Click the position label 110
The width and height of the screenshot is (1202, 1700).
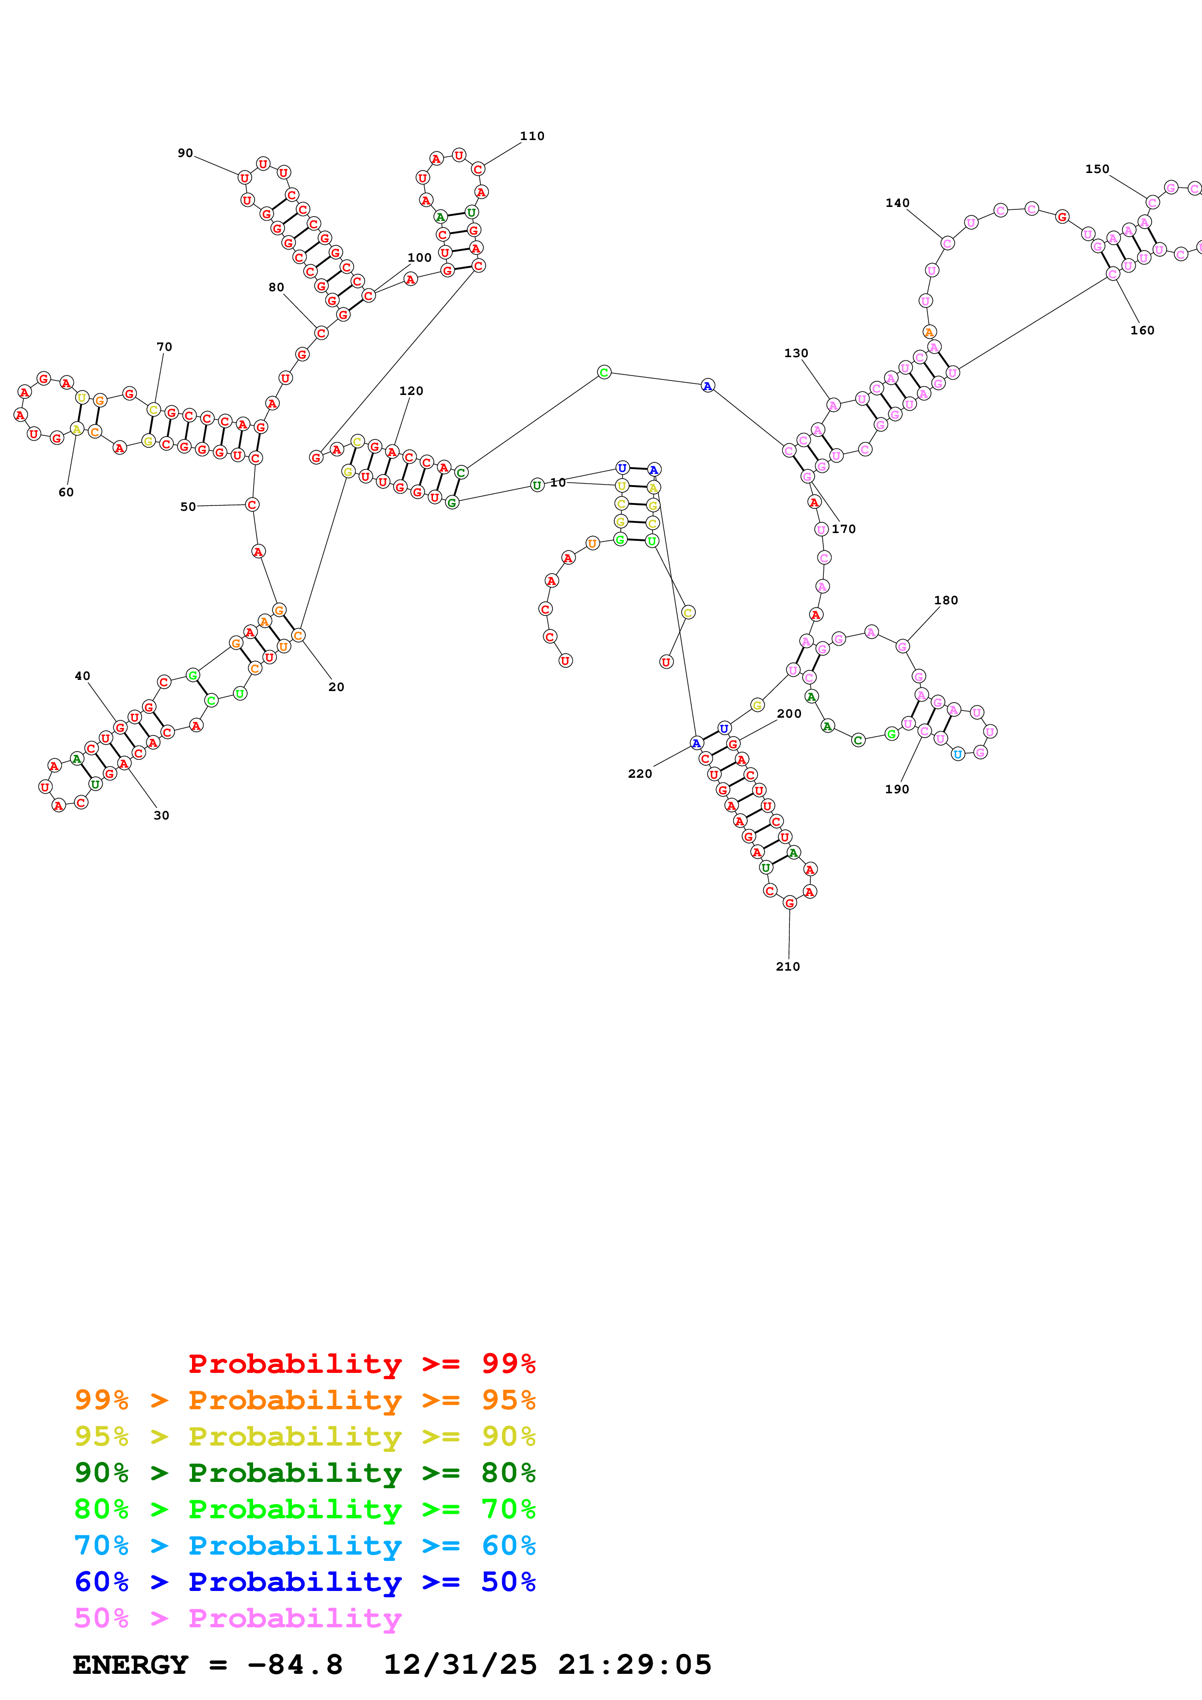click(532, 136)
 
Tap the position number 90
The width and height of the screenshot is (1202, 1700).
click(185, 153)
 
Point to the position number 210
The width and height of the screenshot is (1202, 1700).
click(787, 966)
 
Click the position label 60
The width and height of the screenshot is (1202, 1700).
click(66, 492)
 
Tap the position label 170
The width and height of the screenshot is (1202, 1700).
click(844, 529)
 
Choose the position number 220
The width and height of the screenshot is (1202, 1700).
click(640, 774)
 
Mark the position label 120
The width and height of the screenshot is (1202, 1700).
click(411, 391)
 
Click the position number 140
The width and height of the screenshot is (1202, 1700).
click(897, 203)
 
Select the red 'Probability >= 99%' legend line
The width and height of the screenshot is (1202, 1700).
click(361, 1364)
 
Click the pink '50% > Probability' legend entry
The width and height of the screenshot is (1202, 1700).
click(238, 1619)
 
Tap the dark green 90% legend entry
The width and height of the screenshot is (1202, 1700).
click(305, 1473)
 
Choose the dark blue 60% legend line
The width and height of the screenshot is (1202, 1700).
click(305, 1582)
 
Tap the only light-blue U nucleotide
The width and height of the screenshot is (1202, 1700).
click(958, 755)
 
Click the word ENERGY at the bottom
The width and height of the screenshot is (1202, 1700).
click(130, 1665)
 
